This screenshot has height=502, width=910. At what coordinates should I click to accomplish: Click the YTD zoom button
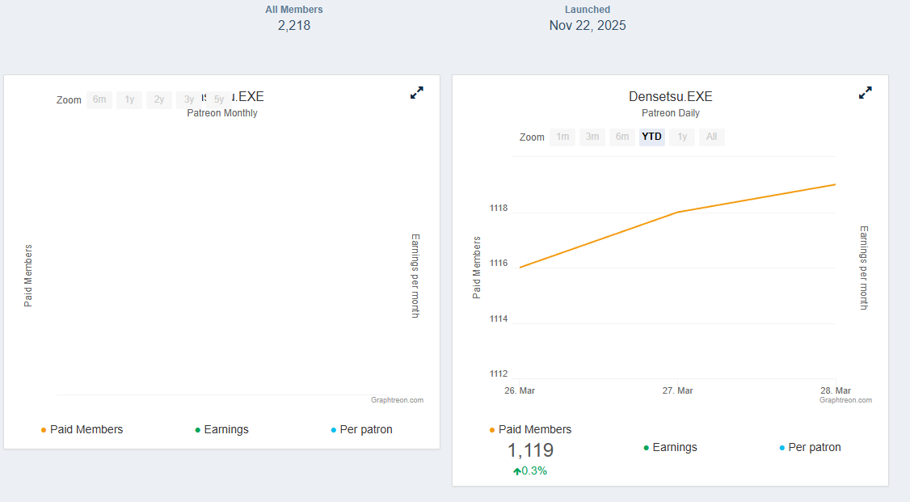pyautogui.click(x=651, y=137)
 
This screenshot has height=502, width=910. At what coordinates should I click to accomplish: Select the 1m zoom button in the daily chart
pyautogui.click(x=562, y=137)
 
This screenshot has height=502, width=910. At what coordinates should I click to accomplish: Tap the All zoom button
pyautogui.click(x=711, y=137)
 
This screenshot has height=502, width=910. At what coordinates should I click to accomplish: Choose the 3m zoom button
pyautogui.click(x=592, y=137)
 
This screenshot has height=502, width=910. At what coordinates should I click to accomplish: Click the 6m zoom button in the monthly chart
pyautogui.click(x=99, y=99)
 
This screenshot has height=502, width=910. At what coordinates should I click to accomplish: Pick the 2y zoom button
pyautogui.click(x=159, y=99)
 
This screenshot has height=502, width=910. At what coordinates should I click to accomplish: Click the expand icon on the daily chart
pyautogui.click(x=865, y=93)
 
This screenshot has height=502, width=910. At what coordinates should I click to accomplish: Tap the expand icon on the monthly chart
pyautogui.click(x=417, y=93)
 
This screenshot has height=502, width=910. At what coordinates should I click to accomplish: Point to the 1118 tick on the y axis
pyautogui.click(x=499, y=209)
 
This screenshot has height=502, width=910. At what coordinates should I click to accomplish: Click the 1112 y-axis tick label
pyautogui.click(x=499, y=373)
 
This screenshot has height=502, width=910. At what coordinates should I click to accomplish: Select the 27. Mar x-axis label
pyautogui.click(x=677, y=390)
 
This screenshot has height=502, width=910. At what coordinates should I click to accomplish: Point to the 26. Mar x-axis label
pyautogui.click(x=520, y=390)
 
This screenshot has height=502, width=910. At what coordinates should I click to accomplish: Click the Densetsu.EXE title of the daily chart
pyautogui.click(x=670, y=97)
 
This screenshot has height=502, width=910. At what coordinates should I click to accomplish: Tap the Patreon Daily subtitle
pyautogui.click(x=670, y=113)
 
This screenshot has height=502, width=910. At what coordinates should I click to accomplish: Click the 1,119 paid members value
pyautogui.click(x=530, y=451)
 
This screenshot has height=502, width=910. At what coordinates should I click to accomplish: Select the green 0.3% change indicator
pyautogui.click(x=530, y=471)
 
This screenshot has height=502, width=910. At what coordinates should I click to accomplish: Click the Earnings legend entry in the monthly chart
pyautogui.click(x=225, y=429)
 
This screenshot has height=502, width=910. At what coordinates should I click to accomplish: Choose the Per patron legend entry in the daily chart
pyautogui.click(x=814, y=447)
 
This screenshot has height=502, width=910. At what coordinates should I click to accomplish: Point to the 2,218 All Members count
pyautogui.click(x=294, y=25)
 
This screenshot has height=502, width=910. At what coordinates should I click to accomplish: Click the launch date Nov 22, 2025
pyautogui.click(x=588, y=25)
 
